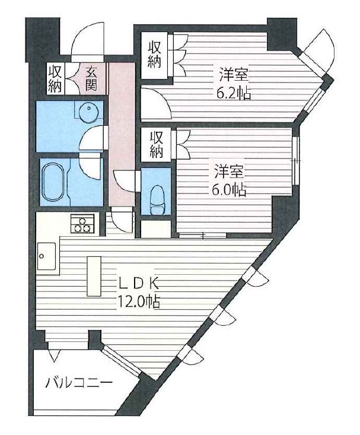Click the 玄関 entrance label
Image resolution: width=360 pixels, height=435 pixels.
coord(91,79)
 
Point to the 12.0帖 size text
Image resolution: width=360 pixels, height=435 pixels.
coord(139,302)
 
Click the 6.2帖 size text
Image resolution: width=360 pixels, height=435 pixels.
coord(234,94)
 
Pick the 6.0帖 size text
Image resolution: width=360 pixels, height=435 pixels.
coord(228,190)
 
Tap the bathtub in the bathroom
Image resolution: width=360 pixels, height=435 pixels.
coord(54,182)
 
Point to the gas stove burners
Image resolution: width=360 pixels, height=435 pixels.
coord(82,223)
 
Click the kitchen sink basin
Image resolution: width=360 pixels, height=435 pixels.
coord(46,256)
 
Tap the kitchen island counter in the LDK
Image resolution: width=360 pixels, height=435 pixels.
coord(94,276)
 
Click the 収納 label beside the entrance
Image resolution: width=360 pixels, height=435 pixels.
coord(55,79)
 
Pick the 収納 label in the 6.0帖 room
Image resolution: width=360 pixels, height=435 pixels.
coord(156,144)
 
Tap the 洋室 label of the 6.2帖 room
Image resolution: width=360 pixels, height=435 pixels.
coord(234,75)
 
